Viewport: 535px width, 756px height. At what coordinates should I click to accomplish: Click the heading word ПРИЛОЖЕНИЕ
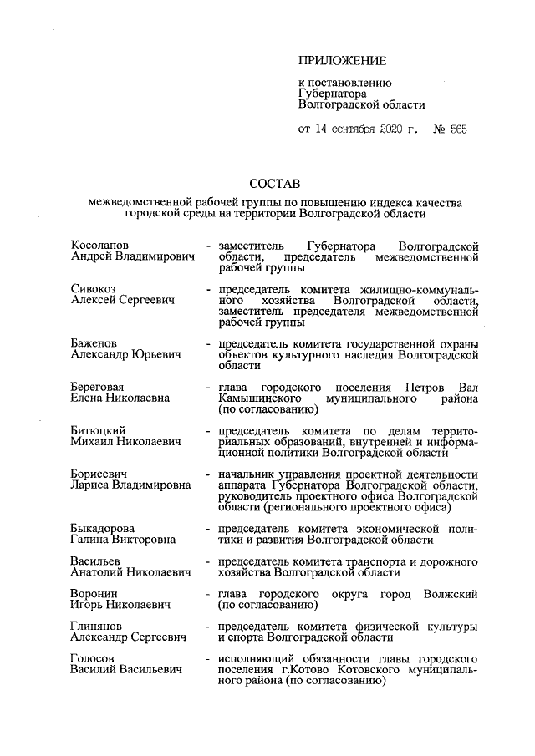pos(343,61)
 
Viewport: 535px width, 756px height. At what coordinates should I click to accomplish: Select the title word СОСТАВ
pos(275,183)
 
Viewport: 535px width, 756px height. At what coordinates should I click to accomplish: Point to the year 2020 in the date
pos(390,129)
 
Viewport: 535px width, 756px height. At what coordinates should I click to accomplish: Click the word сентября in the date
pos(342,129)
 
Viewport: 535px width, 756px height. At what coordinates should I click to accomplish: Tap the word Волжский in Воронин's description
pos(451,594)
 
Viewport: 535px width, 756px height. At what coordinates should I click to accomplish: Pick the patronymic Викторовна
pos(145,540)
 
